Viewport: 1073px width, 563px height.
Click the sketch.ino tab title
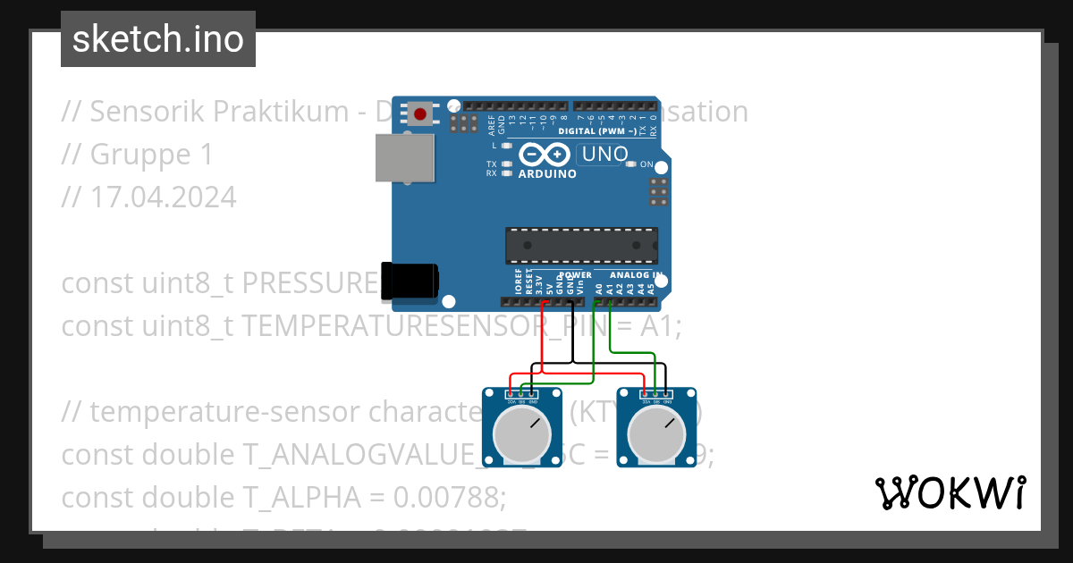157,39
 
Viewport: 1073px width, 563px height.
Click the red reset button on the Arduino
419,113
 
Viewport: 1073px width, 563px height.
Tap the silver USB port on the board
401,159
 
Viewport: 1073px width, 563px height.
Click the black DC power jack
409,281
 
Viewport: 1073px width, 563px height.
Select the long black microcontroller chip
581,246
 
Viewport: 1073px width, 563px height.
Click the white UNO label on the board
604,155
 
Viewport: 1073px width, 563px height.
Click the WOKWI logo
950,492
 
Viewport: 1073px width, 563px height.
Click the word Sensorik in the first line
146,112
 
